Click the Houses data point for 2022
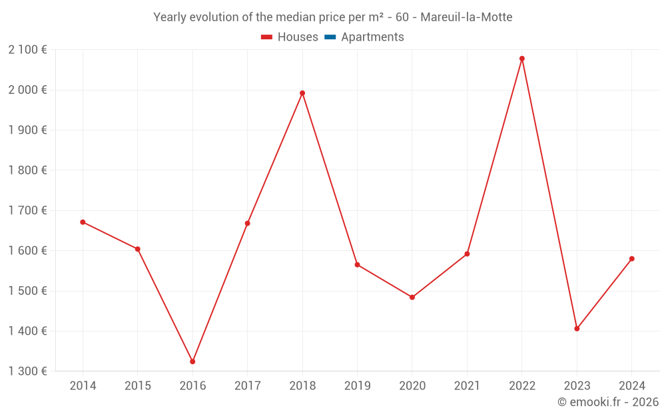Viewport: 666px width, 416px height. pos(522,59)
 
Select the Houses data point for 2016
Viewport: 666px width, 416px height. pos(192,361)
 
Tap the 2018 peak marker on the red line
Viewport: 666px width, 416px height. pos(302,93)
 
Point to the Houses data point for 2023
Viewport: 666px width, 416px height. pos(577,329)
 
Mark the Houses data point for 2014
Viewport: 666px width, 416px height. pos(83,222)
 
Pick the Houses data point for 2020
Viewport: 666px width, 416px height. pos(412,298)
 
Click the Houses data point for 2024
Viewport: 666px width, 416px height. pos(632,259)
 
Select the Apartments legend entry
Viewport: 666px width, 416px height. pos(372,37)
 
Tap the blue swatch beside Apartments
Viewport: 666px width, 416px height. pos(330,37)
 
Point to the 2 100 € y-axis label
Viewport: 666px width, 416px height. pos(27,50)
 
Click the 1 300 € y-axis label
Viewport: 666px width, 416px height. pos(27,371)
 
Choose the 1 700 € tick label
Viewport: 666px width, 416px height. pos(27,210)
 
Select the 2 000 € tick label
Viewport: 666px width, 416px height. pos(27,90)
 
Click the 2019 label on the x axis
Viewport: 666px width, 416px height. pos(357,386)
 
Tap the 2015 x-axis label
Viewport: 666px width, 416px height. pos(138,386)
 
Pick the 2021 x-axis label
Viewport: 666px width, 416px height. pos(467,386)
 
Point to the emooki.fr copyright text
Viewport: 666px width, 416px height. pos(608,402)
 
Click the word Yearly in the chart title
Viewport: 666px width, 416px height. pos(170,17)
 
